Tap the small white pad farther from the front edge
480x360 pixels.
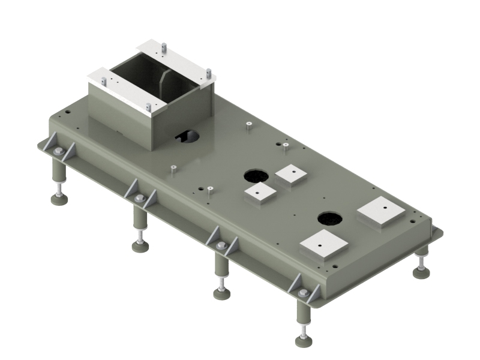point(291,175)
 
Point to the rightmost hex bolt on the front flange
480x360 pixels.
point(303,293)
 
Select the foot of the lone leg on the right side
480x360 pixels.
point(421,273)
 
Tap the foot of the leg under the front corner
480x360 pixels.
point(304,341)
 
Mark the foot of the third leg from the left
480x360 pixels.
point(221,293)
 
